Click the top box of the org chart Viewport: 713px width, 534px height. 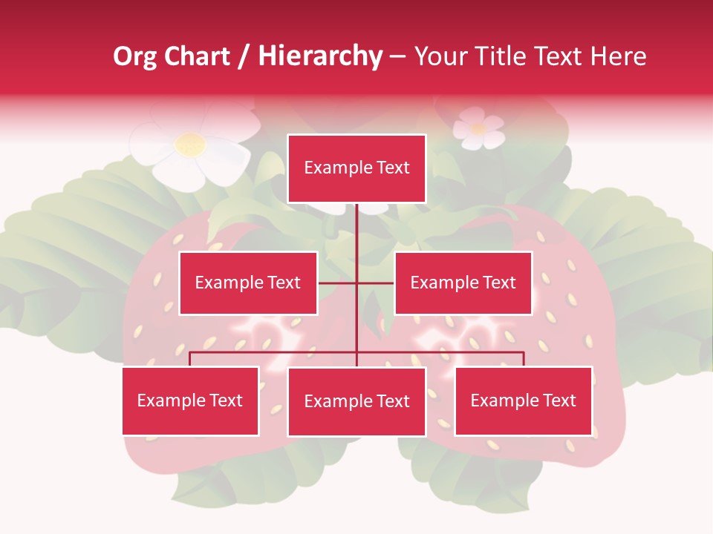(356, 168)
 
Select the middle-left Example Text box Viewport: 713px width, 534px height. (248, 283)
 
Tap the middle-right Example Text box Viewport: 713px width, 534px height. (463, 283)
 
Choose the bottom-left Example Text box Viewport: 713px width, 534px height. (190, 400)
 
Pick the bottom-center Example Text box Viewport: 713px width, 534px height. (356, 401)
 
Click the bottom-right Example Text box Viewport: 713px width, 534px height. (523, 400)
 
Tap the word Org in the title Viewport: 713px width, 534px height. (134, 56)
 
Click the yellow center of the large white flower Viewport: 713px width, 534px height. (191, 144)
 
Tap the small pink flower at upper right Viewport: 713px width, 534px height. (478, 128)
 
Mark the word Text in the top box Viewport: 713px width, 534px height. (393, 168)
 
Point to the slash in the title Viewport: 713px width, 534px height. (244, 56)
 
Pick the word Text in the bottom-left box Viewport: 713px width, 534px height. (226, 400)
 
